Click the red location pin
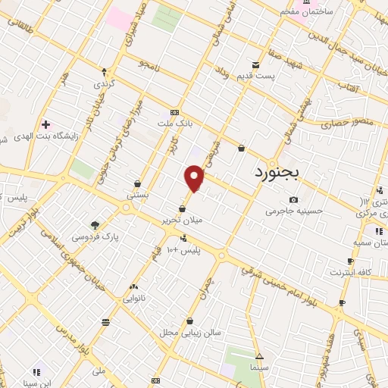click(x=195, y=178)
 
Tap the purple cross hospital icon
click(x=45, y=124)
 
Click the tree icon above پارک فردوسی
click(x=95, y=224)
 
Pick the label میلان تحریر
click(x=182, y=221)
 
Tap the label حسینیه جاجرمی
click(x=294, y=211)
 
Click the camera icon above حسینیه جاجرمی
click(x=293, y=200)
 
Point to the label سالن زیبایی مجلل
click(x=189, y=332)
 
